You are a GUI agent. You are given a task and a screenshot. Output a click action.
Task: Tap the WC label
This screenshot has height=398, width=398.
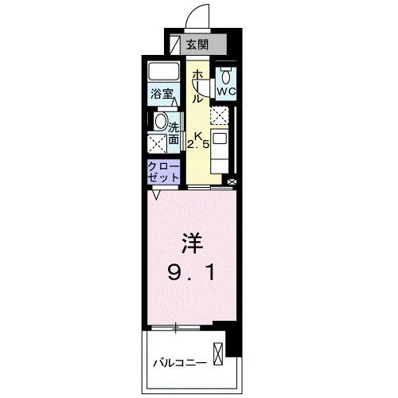[x=226, y=92]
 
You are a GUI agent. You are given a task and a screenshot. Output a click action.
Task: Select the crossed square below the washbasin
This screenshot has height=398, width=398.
[x=158, y=143]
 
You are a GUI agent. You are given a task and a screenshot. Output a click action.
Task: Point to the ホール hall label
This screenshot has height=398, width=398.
[x=197, y=86]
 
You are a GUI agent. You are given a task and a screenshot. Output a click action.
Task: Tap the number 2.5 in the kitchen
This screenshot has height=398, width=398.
[x=198, y=145]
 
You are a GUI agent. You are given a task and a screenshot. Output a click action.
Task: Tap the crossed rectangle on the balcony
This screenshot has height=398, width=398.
[x=218, y=353]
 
